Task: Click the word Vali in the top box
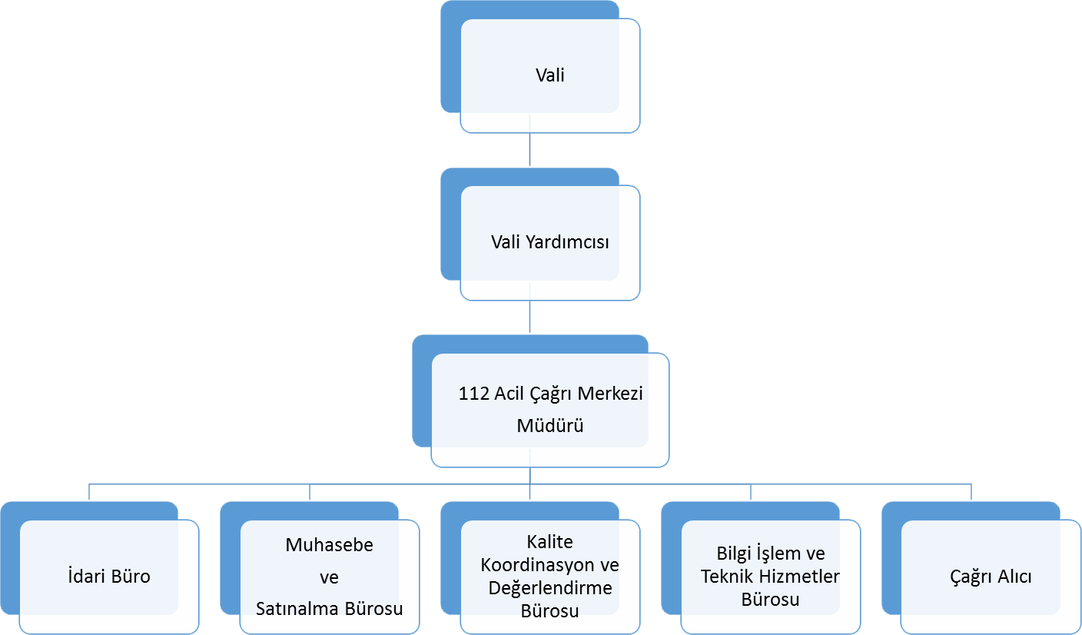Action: [x=549, y=75]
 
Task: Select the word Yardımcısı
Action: [x=567, y=242]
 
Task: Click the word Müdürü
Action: [x=550, y=425]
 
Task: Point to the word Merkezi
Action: [x=610, y=394]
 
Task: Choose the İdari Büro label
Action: [x=109, y=576]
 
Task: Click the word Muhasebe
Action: [x=330, y=544]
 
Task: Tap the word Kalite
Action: [x=549, y=542]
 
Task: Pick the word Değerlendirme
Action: [x=550, y=588]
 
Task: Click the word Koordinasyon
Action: [x=539, y=565]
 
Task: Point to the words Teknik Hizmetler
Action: [x=771, y=576]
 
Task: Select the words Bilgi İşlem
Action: [x=758, y=553]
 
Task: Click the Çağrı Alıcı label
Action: [x=991, y=577]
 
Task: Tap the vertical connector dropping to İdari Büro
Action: [x=89, y=491]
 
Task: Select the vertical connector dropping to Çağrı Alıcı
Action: [x=971, y=491]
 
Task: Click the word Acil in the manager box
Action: [x=509, y=394]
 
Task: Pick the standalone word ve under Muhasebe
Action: [x=329, y=577]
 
